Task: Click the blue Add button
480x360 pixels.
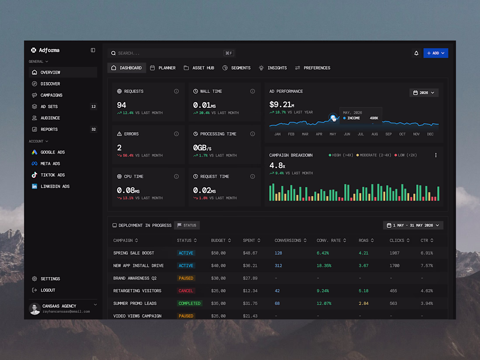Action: tap(435, 53)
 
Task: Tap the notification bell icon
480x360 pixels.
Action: tap(416, 53)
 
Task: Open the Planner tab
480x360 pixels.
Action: tap(163, 68)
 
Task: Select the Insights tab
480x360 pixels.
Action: tap(273, 68)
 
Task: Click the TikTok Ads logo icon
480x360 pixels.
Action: tap(34, 175)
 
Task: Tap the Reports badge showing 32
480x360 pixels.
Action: tap(93, 130)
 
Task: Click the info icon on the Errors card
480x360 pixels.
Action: tap(176, 134)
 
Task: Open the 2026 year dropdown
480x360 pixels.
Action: tap(424, 93)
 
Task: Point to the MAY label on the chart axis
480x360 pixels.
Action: tap(333, 134)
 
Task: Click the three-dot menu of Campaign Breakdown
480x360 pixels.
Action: tap(435, 155)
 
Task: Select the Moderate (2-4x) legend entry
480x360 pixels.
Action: tap(374, 155)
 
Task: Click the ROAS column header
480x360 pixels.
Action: tap(366, 240)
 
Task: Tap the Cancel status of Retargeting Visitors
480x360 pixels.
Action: tap(186, 291)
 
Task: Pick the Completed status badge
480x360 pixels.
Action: tap(189, 303)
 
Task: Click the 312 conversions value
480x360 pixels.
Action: tap(278, 266)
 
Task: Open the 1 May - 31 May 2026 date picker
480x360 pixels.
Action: tap(413, 225)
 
